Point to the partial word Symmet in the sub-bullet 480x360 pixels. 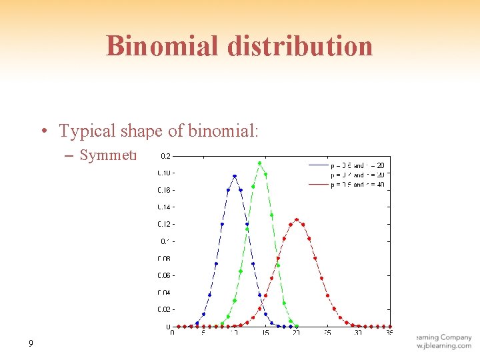click(x=107, y=155)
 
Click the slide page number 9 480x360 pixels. click(x=31, y=344)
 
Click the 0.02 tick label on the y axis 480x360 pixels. click(x=163, y=309)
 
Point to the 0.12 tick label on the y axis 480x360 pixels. click(x=163, y=224)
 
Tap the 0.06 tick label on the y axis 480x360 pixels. click(x=163, y=275)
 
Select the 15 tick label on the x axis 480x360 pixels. click(x=265, y=333)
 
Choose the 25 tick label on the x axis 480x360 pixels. click(x=327, y=333)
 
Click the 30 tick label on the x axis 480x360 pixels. click(x=358, y=333)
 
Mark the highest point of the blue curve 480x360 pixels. click(x=234, y=176)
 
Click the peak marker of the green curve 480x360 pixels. click(x=259, y=163)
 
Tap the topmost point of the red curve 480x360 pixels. click(x=297, y=219)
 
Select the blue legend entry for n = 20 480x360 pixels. click(x=347, y=165)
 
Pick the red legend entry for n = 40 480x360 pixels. click(x=347, y=184)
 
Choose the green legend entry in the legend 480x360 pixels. click(x=347, y=175)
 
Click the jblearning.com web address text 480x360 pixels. click(x=443, y=346)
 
